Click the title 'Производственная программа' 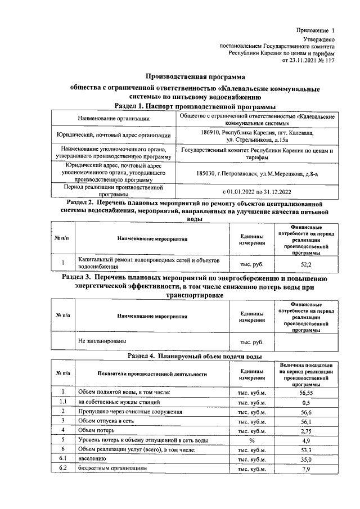coord(196,76)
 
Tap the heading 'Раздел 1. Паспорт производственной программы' coord(195,106)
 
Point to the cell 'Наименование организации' coord(114,119)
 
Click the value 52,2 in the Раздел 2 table coord(307,263)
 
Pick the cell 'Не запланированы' coord(102,341)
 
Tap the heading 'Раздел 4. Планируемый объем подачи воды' coord(195,357)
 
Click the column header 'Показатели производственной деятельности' coord(152,373)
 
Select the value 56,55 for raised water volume coord(307,392)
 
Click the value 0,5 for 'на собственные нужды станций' coord(307,402)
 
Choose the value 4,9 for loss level coord(307,440)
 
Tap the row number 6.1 coord(64,458)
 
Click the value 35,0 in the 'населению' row coord(307,458)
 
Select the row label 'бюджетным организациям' coord(112,468)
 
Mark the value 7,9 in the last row coord(307,468)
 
